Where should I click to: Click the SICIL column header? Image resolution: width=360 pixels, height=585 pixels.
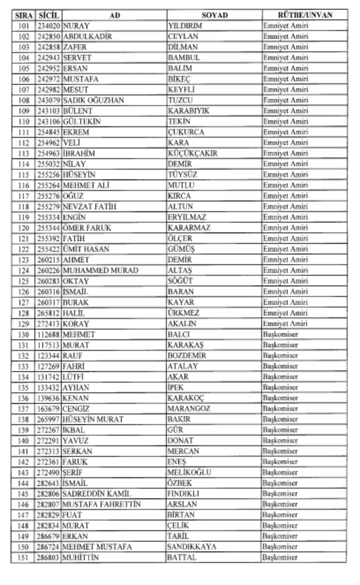click(48, 15)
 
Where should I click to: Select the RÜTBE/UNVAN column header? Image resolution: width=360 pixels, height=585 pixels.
click(305, 15)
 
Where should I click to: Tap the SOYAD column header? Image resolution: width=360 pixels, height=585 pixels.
click(214, 15)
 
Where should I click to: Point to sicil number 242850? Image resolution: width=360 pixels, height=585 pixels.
click(48, 37)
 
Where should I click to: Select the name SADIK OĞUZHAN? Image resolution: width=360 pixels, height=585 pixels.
click(93, 100)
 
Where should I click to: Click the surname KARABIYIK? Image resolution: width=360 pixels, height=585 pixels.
click(188, 111)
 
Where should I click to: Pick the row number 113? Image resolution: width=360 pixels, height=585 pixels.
click(23, 153)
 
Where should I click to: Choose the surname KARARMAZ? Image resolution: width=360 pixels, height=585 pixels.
click(189, 228)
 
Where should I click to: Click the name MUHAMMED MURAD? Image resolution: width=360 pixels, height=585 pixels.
click(100, 271)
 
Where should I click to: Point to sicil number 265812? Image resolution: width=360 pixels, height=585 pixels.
click(48, 313)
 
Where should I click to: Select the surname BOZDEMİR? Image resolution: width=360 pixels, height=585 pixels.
click(187, 356)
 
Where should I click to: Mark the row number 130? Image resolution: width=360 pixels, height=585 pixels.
click(23, 335)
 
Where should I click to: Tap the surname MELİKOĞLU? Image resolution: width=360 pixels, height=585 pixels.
click(189, 473)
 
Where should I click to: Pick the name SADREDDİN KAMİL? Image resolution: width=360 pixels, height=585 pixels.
click(97, 494)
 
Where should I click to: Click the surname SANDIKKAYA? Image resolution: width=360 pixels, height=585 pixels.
click(192, 547)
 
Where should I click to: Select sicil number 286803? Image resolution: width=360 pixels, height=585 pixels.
click(48, 558)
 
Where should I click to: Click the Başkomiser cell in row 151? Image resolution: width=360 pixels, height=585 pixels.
click(280, 558)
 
